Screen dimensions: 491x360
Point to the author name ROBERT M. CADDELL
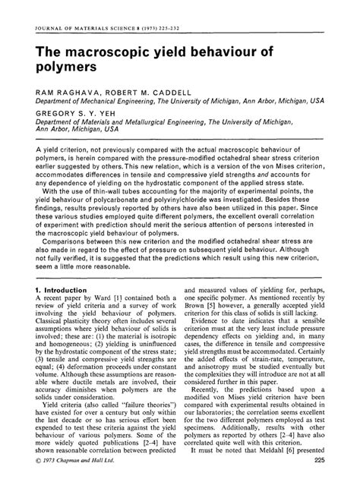coord(142,91)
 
